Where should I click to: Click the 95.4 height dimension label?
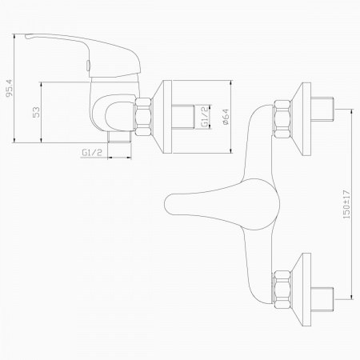pos(10,88)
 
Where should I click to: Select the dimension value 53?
pos(36,112)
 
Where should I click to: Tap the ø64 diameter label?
pos(226,117)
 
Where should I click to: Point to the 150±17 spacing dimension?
pos(346,205)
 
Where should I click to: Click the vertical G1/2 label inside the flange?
pos(205,117)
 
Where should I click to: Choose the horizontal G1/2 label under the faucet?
pos(92,153)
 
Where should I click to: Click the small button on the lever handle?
pos(89,66)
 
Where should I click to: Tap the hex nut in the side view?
pos(143,117)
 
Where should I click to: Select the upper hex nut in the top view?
pos(282,119)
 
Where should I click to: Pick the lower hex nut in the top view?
pos(282,290)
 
